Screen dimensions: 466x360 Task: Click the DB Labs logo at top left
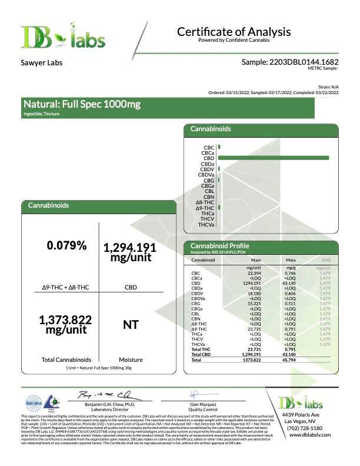pyautogui.click(x=63, y=36)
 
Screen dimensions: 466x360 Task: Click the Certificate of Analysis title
pyautogui.click(x=234, y=32)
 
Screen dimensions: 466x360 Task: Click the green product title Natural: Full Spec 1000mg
pyautogui.click(x=82, y=105)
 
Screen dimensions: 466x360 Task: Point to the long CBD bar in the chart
pyautogui.click(x=273, y=158)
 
